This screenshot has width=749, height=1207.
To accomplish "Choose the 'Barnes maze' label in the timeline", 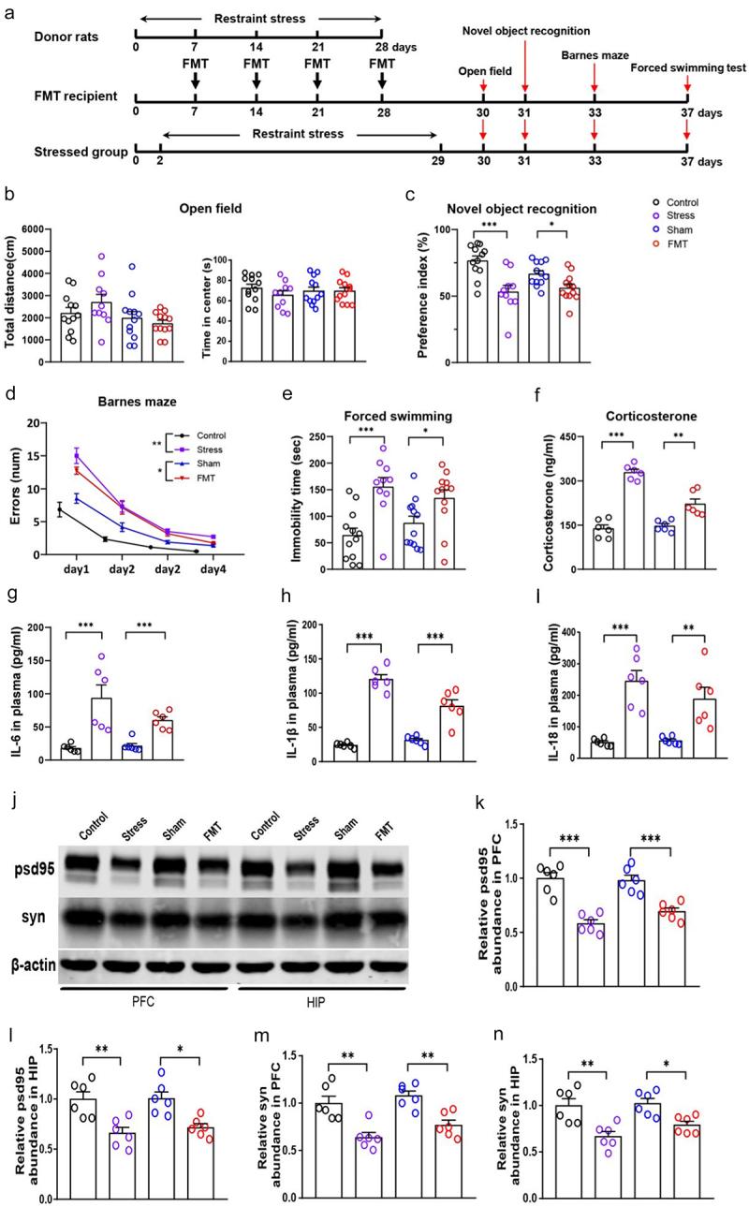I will click(595, 54).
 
